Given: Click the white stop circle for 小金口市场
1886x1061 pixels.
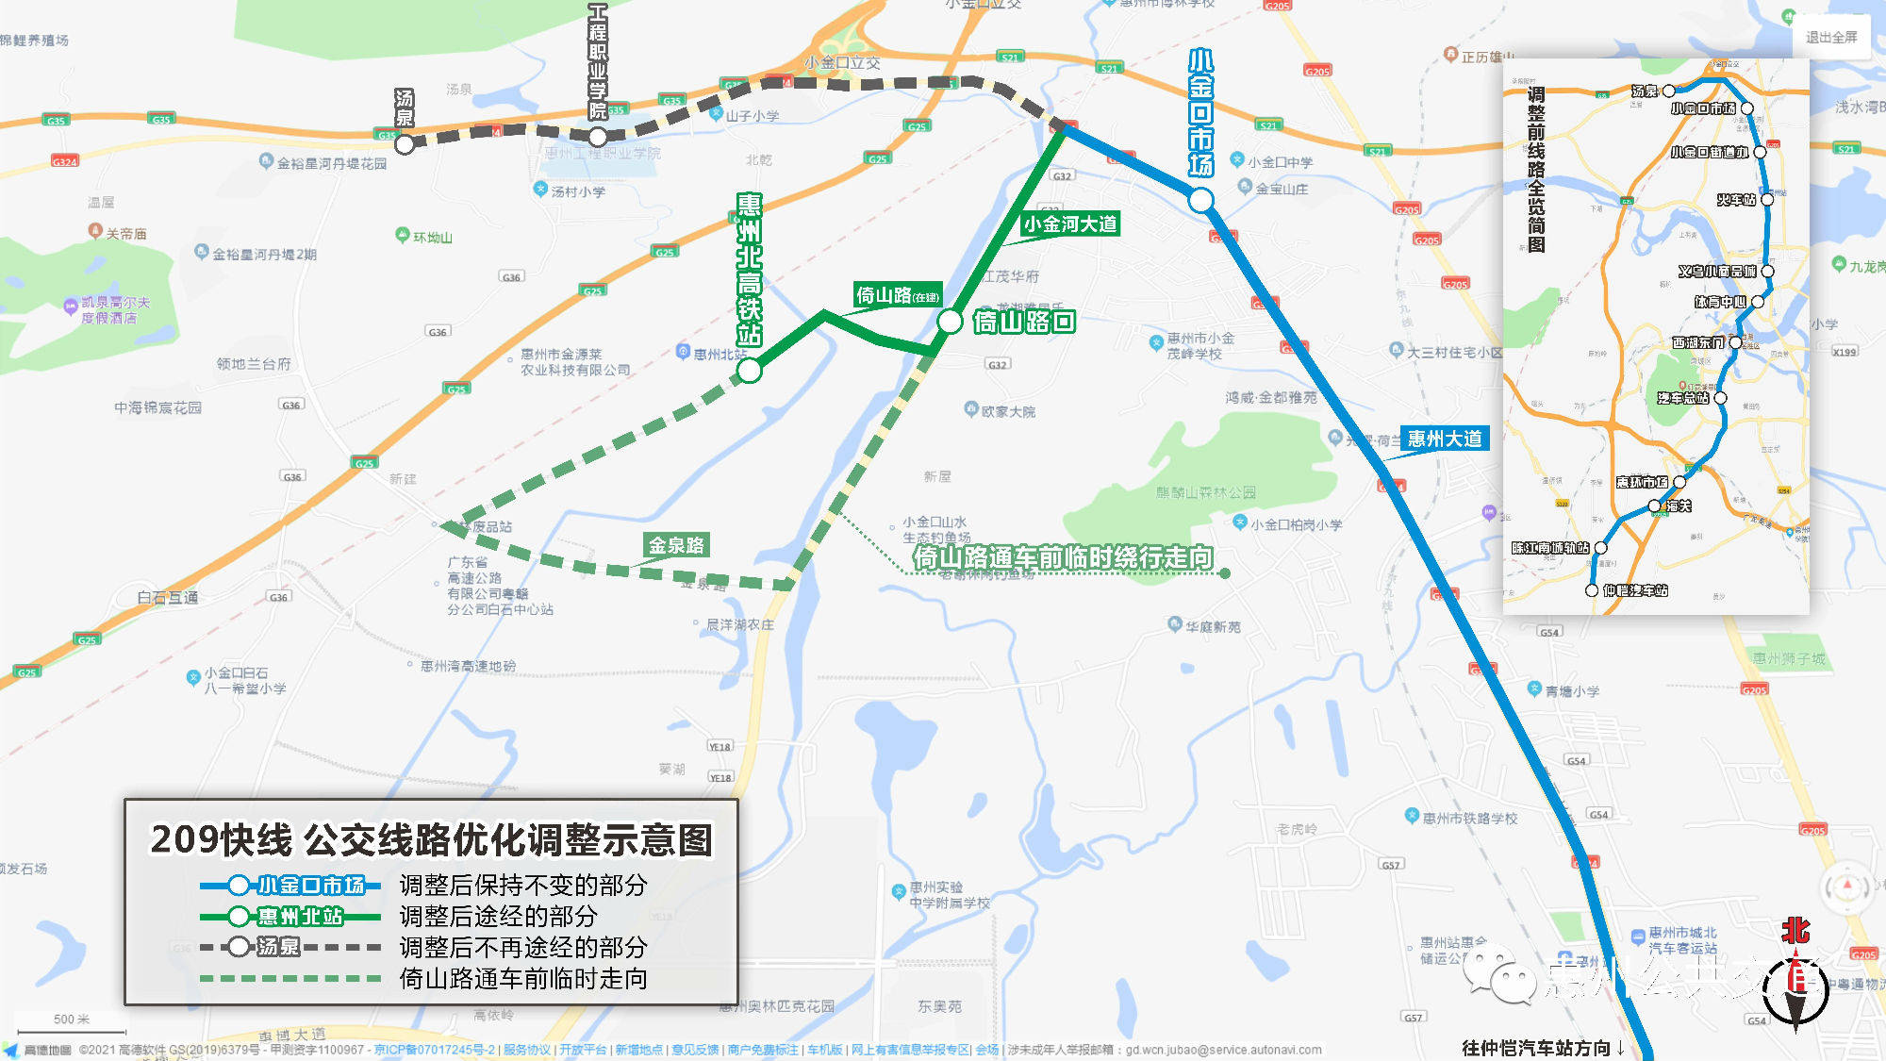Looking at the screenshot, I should pyautogui.click(x=1200, y=200).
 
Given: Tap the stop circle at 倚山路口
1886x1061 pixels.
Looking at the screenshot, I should pyautogui.click(x=950, y=322).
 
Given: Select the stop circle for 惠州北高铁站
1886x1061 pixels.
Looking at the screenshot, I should pyautogui.click(x=750, y=371).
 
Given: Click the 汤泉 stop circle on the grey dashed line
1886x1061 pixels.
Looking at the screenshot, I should pyautogui.click(x=405, y=144).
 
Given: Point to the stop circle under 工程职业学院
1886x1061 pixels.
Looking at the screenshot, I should pyautogui.click(x=598, y=137).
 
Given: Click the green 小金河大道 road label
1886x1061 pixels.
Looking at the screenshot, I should pyautogui.click(x=1070, y=224).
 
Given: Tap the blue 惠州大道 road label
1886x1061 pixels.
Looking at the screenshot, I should pyautogui.click(x=1444, y=439).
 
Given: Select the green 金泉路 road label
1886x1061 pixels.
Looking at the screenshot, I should pyautogui.click(x=676, y=545).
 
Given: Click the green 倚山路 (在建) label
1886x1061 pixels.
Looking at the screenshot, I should pyautogui.click(x=897, y=295).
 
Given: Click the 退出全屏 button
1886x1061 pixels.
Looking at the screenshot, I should pyautogui.click(x=1830, y=38).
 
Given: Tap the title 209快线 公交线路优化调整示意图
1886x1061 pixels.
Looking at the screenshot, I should pyautogui.click(x=432, y=839).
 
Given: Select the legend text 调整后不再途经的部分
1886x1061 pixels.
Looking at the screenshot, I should pyautogui.click(x=523, y=947).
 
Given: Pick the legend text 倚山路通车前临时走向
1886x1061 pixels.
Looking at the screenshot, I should pyautogui.click(x=523, y=978).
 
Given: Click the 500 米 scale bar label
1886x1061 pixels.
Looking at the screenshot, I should pyautogui.click(x=72, y=1020).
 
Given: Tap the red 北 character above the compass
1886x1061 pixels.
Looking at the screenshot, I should pyautogui.click(x=1795, y=931).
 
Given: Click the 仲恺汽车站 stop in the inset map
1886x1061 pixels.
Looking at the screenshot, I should pyautogui.click(x=1592, y=590).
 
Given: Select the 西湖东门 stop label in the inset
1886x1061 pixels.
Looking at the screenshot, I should pyautogui.click(x=1697, y=342).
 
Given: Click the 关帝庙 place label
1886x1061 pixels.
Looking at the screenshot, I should pyautogui.click(x=126, y=234).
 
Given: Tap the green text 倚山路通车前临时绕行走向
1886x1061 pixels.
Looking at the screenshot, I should pyautogui.click(x=1062, y=557).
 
